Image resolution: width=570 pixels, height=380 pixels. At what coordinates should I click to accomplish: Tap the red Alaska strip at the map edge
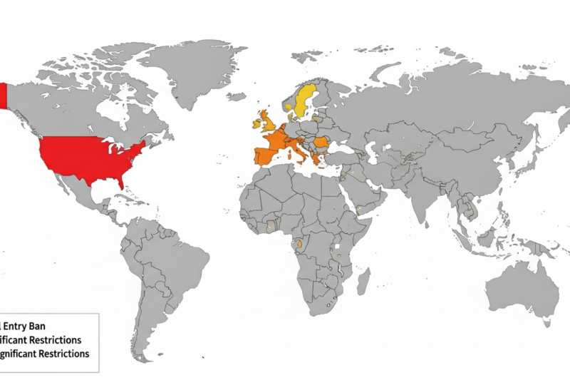coord(3,96)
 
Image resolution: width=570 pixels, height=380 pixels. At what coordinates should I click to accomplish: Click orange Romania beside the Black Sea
coord(323,142)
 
